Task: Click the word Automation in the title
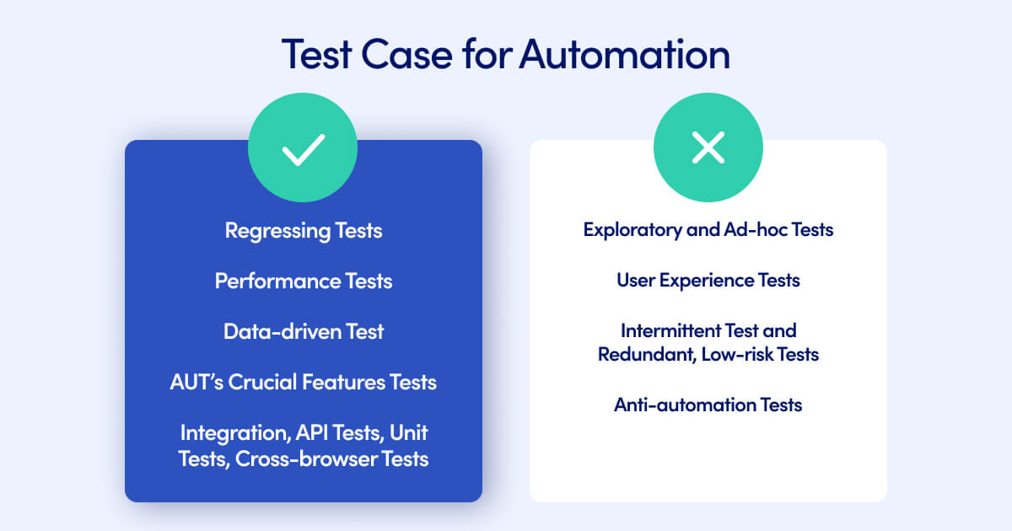[624, 54]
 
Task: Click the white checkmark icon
[303, 148]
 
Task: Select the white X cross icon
[708, 148]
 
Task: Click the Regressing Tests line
[303, 230]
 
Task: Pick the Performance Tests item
[303, 281]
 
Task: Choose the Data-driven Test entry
[303, 331]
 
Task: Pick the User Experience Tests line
[708, 280]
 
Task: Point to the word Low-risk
[740, 355]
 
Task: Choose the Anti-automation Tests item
[708, 405]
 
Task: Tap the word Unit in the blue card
[409, 433]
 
